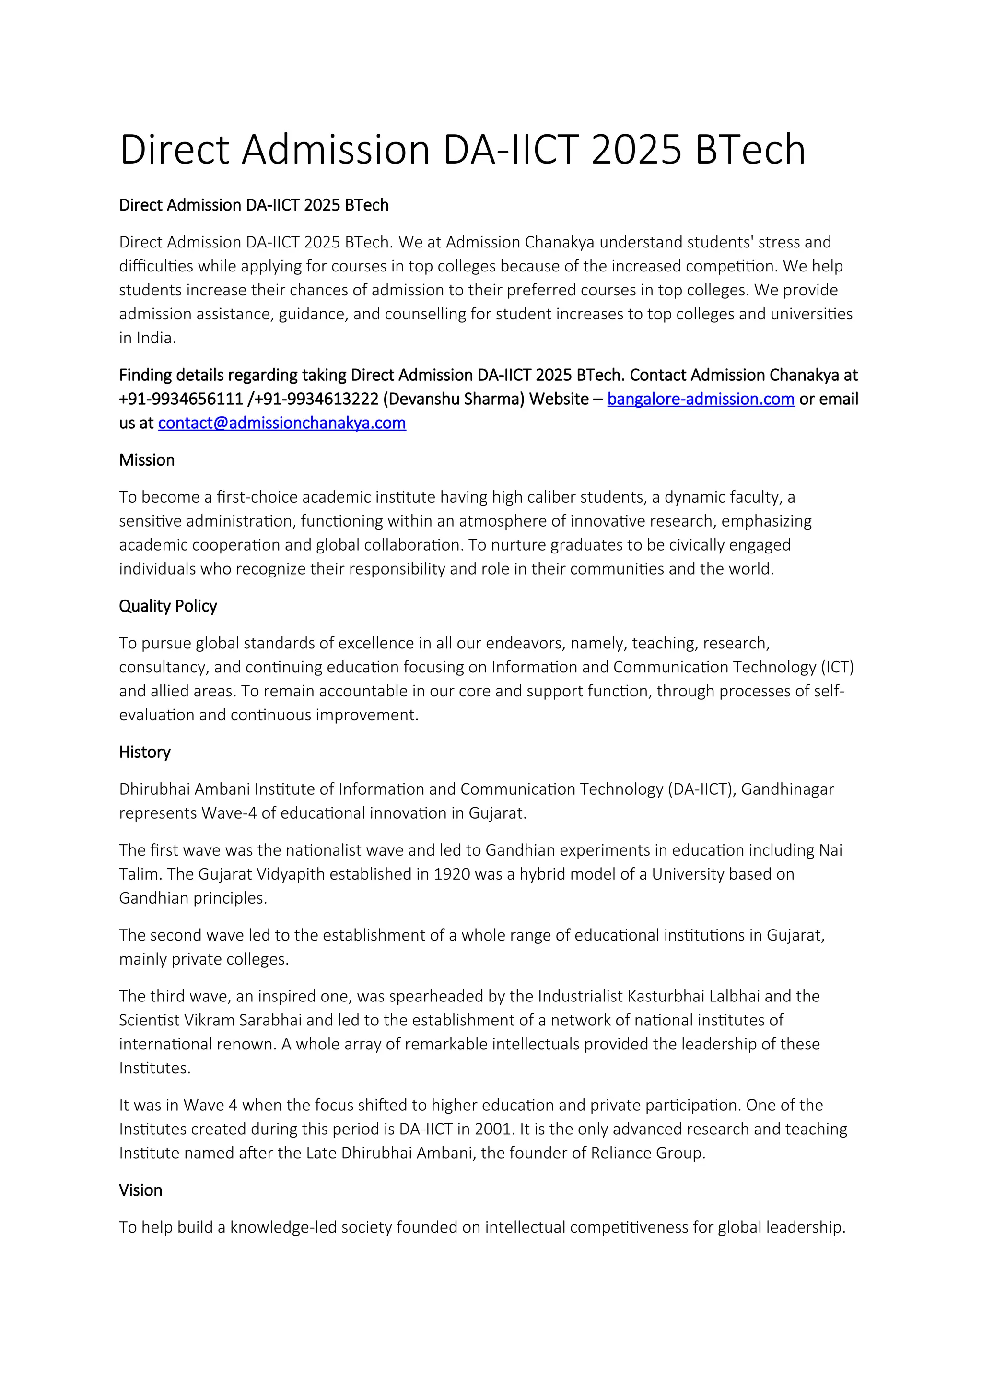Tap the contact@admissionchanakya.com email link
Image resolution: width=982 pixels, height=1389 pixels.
tap(282, 423)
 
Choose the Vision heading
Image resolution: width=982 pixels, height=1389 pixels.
tap(140, 1190)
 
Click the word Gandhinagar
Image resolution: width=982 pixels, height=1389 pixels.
tap(787, 789)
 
